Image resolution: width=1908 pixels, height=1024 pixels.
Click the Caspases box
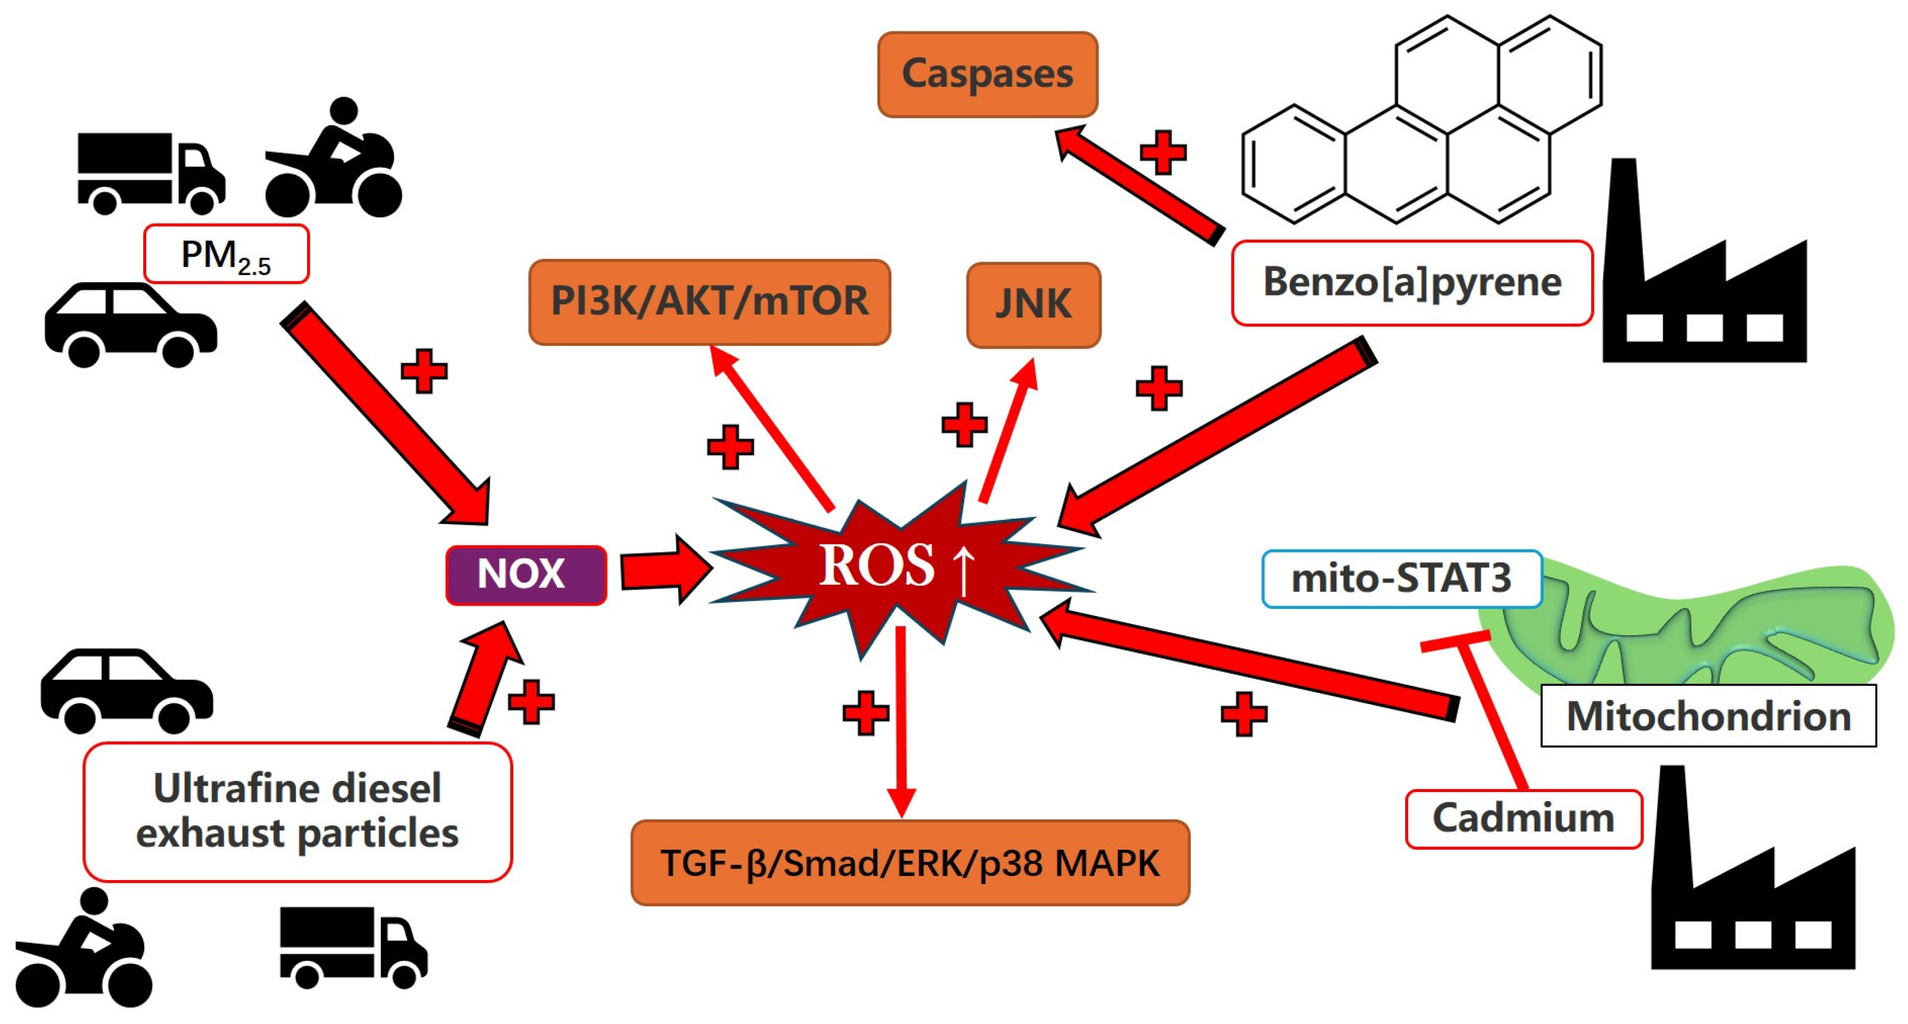[x=987, y=74]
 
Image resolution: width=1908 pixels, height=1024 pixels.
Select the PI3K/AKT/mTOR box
[x=710, y=301]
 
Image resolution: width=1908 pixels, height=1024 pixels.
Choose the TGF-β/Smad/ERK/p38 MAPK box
[x=910, y=863]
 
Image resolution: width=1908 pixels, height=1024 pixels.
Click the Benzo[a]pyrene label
[x=1412, y=282]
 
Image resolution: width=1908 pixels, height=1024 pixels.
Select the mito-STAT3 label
[x=1401, y=579]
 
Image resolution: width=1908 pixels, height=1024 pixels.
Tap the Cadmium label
[x=1523, y=819]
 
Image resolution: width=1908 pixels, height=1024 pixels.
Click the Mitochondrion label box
[x=1708, y=716]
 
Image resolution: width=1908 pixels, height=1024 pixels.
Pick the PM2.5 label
[x=226, y=254]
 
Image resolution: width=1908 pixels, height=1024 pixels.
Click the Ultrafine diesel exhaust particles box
[x=298, y=811]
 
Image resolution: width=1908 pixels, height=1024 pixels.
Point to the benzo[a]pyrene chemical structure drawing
[x=1422, y=118]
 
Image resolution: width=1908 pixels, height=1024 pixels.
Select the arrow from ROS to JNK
[x=1008, y=430]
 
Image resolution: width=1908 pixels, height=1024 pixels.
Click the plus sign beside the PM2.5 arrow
[x=424, y=371]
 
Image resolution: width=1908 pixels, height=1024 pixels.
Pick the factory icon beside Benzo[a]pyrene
[x=1704, y=260]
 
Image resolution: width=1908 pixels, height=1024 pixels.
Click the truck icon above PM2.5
[x=151, y=173]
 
